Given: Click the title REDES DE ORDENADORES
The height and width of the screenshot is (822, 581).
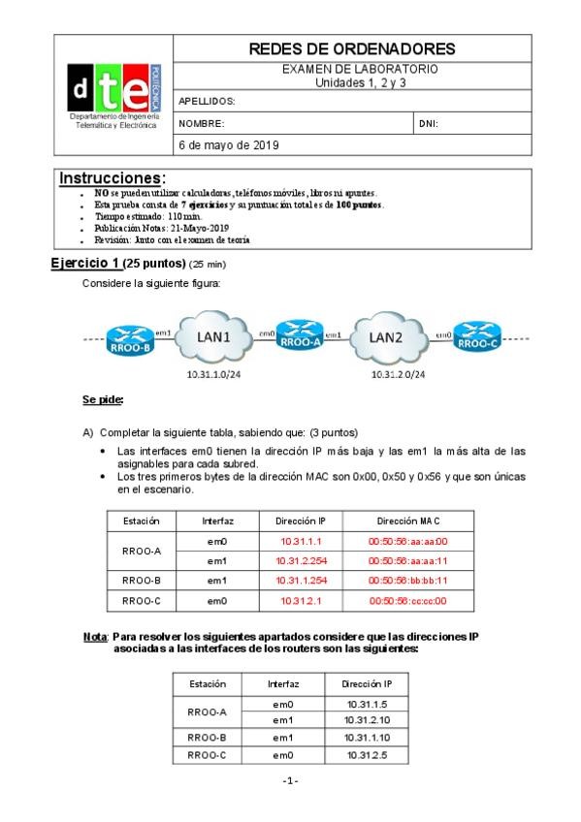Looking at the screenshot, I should pyautogui.click(x=352, y=48).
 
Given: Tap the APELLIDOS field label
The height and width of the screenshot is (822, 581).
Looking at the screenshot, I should pyautogui.click(x=208, y=101).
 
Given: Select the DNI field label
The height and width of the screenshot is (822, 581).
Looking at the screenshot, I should pyautogui.click(x=429, y=124).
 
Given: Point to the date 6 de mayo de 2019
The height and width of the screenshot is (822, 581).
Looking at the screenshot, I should pyautogui.click(x=229, y=145).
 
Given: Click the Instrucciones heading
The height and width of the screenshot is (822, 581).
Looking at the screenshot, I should pyautogui.click(x=113, y=178).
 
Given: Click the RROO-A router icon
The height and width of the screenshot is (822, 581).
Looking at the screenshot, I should pyautogui.click(x=297, y=336).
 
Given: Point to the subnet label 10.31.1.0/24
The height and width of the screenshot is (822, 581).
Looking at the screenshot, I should pyautogui.click(x=214, y=372).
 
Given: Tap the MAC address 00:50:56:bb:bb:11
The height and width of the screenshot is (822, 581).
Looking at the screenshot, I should pyautogui.click(x=407, y=581).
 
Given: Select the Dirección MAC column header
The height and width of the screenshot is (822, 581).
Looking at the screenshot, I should pyautogui.click(x=407, y=521).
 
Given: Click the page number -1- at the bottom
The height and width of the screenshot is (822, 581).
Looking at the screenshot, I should pyautogui.click(x=290, y=780).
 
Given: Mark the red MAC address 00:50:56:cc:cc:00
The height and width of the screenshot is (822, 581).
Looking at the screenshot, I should pyautogui.click(x=407, y=601).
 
